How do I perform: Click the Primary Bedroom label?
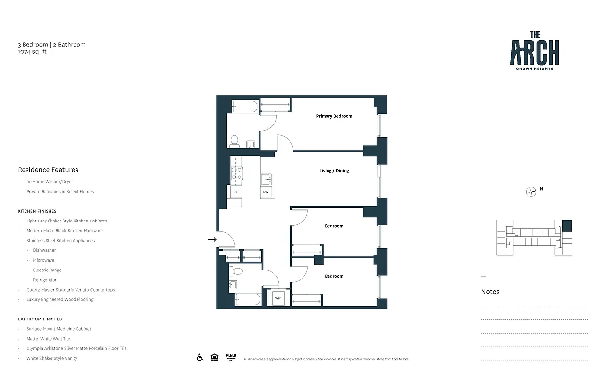[334, 116]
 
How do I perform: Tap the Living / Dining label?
[334, 171]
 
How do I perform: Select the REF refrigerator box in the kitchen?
[236, 192]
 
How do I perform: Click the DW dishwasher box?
[266, 192]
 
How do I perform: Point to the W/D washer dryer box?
[278, 298]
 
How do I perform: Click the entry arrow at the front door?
[212, 239]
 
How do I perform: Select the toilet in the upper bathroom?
[235, 141]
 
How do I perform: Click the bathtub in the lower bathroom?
[248, 299]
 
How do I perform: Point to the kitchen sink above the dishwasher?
[266, 178]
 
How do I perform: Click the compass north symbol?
[531, 192]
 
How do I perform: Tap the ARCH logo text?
[535, 53]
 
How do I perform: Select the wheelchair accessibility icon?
[200, 357]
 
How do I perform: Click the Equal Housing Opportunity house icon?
[214, 357]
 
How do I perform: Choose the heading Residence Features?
[48, 170]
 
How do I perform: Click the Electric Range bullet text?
[47, 270]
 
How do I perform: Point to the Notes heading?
[490, 292]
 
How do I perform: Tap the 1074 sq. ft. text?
[33, 51]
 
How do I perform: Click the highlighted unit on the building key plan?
[567, 225]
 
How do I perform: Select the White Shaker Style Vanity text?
[52, 358]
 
